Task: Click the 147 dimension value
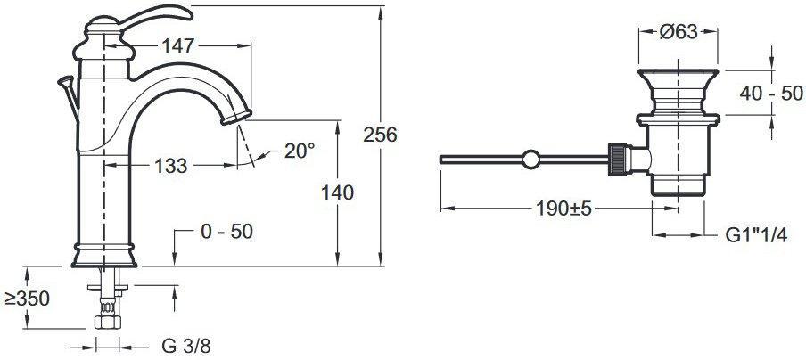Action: (177, 46)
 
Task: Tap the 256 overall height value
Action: (381, 135)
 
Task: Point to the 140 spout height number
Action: (337, 193)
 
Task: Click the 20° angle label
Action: (300, 151)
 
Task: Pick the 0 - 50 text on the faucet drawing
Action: (226, 232)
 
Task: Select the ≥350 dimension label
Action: (28, 299)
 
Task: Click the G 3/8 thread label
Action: (186, 347)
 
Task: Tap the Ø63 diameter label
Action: (679, 32)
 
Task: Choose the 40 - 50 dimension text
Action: (771, 94)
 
